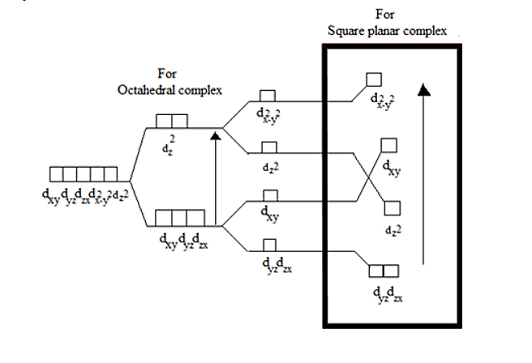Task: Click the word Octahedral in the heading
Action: coord(139,88)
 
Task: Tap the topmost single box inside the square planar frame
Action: coord(374,79)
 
